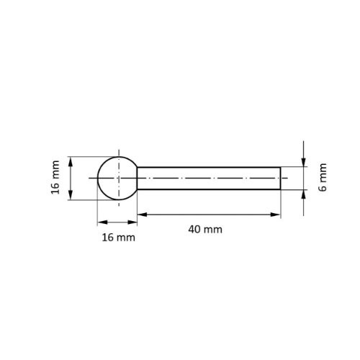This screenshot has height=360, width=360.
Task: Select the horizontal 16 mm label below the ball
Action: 117,237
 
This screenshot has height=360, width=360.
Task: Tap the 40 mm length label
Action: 205,229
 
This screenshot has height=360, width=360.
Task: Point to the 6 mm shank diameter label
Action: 323,178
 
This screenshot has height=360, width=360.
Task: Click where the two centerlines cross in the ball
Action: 117,178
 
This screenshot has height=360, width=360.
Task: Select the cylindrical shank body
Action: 209,178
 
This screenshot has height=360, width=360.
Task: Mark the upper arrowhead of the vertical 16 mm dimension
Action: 71,160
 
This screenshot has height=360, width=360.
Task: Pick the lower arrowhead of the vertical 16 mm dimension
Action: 71,197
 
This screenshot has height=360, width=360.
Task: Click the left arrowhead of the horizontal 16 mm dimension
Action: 100,222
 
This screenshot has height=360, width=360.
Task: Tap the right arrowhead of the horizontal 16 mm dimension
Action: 134,222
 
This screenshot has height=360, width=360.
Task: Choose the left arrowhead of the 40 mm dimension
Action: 141,214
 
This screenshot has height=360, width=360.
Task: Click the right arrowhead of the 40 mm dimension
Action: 276,214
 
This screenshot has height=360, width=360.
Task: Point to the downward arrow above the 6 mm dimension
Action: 304,163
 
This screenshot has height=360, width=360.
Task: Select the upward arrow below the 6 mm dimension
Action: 304,194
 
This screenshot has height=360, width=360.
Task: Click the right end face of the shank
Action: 281,178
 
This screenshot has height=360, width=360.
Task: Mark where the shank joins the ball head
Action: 137,178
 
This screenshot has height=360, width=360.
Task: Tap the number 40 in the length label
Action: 194,229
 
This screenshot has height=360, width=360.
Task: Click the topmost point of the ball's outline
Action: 117,156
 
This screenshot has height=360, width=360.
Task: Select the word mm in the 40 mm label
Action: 213,229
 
